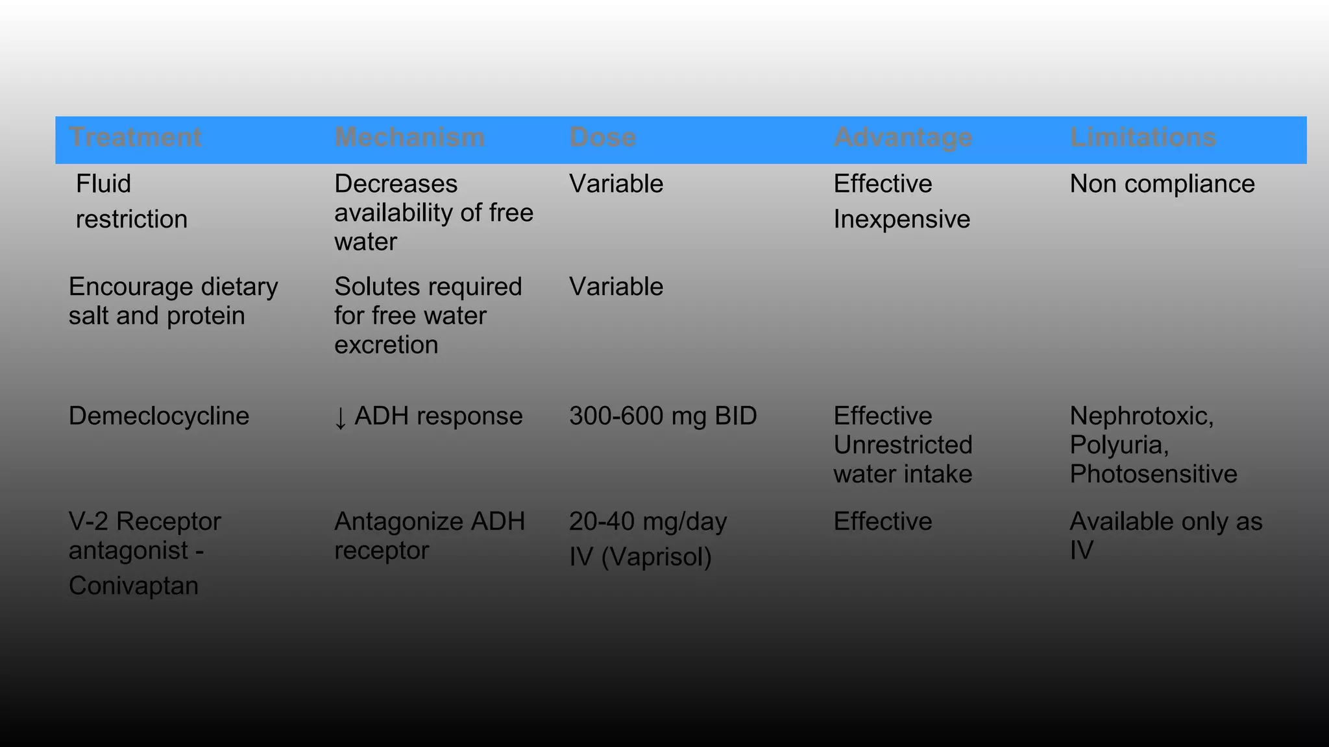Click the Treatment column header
point(135,137)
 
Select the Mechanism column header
point(409,137)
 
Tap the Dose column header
point(602,137)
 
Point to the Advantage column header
point(903,137)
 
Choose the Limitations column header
point(1143,137)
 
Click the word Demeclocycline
point(159,416)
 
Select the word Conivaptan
point(134,586)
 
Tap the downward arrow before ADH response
point(340,418)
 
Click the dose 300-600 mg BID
point(663,416)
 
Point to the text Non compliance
point(1162,184)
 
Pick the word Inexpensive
point(901,220)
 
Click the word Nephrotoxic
point(1141,416)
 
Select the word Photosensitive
point(1153,474)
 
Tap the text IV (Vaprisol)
point(640,557)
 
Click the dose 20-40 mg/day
point(648,522)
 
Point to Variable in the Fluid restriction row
point(616,184)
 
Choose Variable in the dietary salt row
point(616,287)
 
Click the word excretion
point(386,345)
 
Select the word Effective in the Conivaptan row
point(883,522)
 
